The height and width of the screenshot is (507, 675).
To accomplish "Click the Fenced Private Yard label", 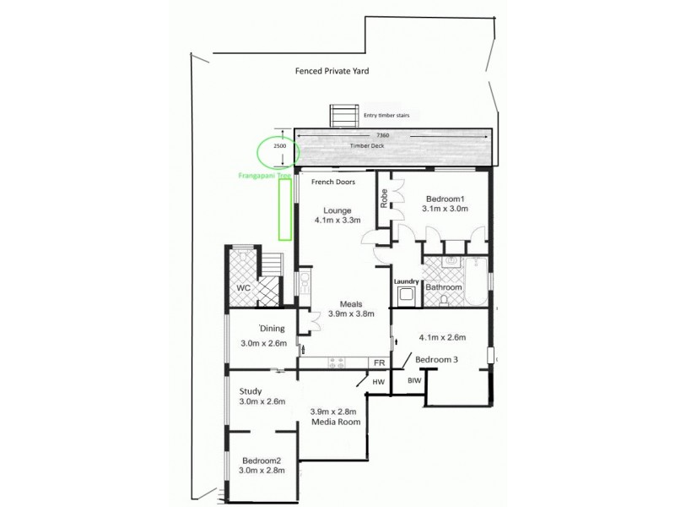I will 332,71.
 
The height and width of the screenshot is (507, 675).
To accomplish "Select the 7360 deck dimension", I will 382,135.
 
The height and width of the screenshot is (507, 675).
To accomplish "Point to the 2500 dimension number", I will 280,145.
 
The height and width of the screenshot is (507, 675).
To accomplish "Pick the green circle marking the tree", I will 272,151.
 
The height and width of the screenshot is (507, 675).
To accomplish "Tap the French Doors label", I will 332,182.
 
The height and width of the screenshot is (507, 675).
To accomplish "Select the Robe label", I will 384,199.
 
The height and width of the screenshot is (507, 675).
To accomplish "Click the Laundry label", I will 407,281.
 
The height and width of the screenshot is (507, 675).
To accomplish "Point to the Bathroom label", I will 443,287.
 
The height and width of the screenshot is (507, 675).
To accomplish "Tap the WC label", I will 244,288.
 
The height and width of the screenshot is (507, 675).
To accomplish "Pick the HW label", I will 379,382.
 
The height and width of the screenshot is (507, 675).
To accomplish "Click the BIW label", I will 414,382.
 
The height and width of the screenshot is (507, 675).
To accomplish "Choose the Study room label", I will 250,391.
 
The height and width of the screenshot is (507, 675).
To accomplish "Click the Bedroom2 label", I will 260,461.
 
